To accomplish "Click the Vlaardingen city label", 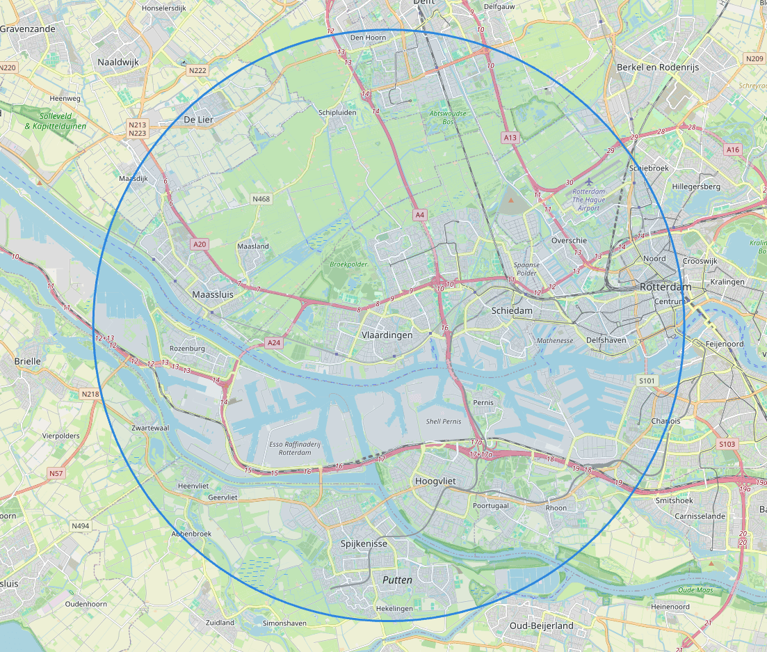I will (x=387, y=335).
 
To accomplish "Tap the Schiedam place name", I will (x=511, y=310).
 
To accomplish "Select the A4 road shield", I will (x=419, y=215).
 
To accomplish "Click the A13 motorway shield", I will (x=510, y=138).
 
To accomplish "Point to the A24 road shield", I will (x=274, y=342).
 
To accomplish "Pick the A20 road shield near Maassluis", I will (x=200, y=244).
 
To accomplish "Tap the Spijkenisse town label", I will (x=364, y=543).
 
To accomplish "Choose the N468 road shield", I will (x=261, y=199).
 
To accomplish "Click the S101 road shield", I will (x=647, y=381).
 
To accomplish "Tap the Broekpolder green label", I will (x=348, y=264).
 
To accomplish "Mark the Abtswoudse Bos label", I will (x=449, y=117).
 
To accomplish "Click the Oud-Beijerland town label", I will (x=542, y=626).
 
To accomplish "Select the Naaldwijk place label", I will (x=118, y=62).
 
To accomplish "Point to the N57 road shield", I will (x=56, y=473).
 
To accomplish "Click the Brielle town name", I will (x=28, y=361).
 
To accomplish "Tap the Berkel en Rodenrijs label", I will (x=657, y=67).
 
